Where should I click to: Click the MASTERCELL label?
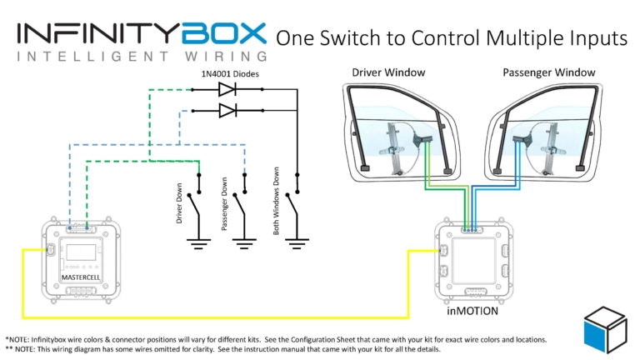81,274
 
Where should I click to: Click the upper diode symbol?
226,88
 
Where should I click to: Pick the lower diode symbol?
226,110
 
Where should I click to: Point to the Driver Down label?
179,203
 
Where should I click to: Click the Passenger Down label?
224,204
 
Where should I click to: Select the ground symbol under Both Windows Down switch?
297,244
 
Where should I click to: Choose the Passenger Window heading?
549,72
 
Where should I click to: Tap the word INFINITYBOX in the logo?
142,33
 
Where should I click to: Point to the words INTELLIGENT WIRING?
142,57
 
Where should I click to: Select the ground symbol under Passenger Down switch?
243,244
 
